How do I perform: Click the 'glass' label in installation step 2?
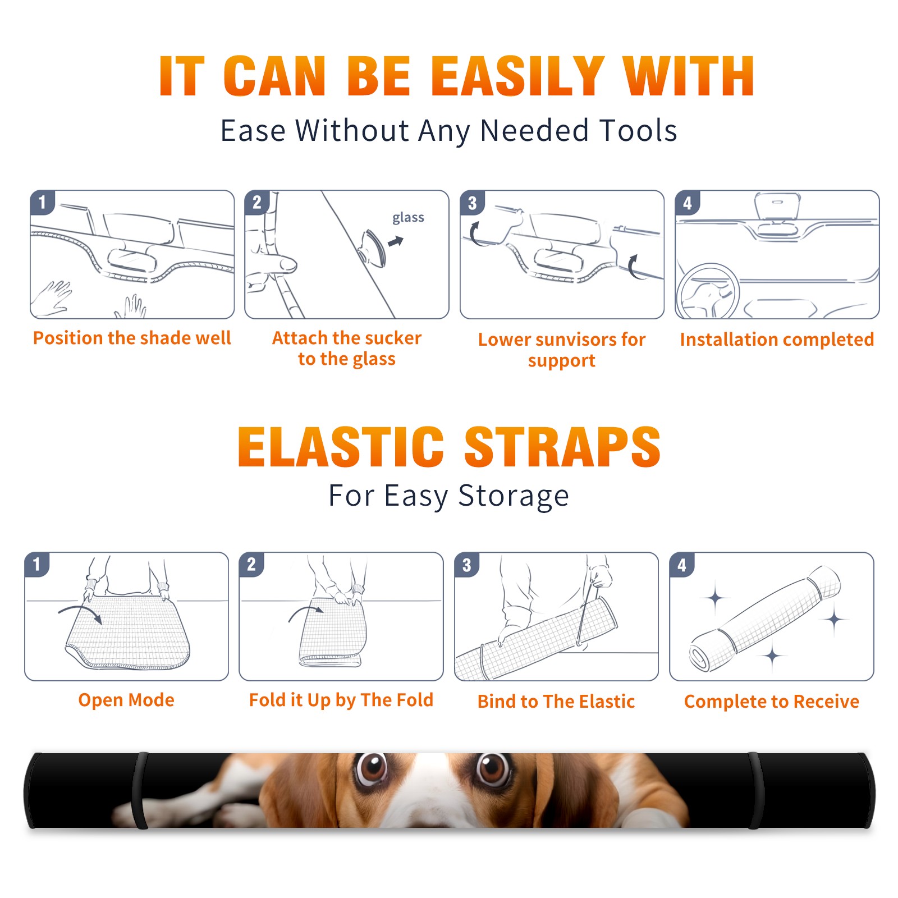coord(408,218)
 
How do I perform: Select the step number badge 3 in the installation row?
coord(472,203)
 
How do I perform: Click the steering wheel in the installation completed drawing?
coord(708,292)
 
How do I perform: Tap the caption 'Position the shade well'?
coord(132,338)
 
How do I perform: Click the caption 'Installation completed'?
coord(777,340)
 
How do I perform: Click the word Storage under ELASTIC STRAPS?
coord(514,496)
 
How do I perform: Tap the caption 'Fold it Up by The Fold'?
coord(341,700)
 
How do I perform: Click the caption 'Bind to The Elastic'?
coord(556,702)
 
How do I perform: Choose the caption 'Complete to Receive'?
coord(772,702)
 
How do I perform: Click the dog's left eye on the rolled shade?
coord(372,769)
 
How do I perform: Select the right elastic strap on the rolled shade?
coord(755,791)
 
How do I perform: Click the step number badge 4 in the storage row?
coord(682,565)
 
